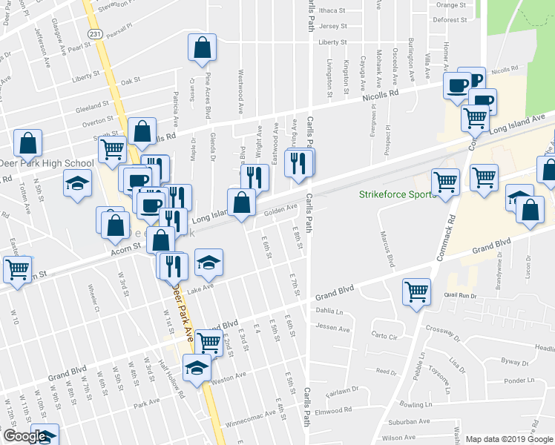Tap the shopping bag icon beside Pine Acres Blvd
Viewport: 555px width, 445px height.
pos(202,50)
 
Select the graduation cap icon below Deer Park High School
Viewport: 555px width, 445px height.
pos(76,182)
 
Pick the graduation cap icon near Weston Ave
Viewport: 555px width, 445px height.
pos(196,368)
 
